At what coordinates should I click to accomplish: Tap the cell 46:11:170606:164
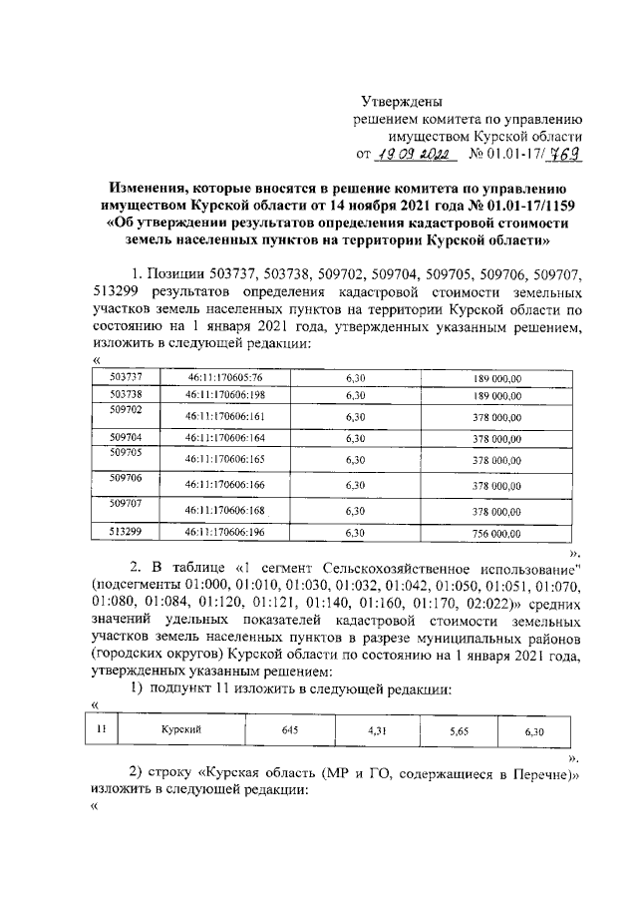(224, 438)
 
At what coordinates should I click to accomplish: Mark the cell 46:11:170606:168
(224, 510)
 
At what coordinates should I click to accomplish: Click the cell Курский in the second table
(181, 730)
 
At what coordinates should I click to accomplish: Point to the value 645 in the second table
(290, 730)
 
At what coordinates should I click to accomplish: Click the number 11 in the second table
(102, 729)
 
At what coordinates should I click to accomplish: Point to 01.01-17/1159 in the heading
(527, 205)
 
